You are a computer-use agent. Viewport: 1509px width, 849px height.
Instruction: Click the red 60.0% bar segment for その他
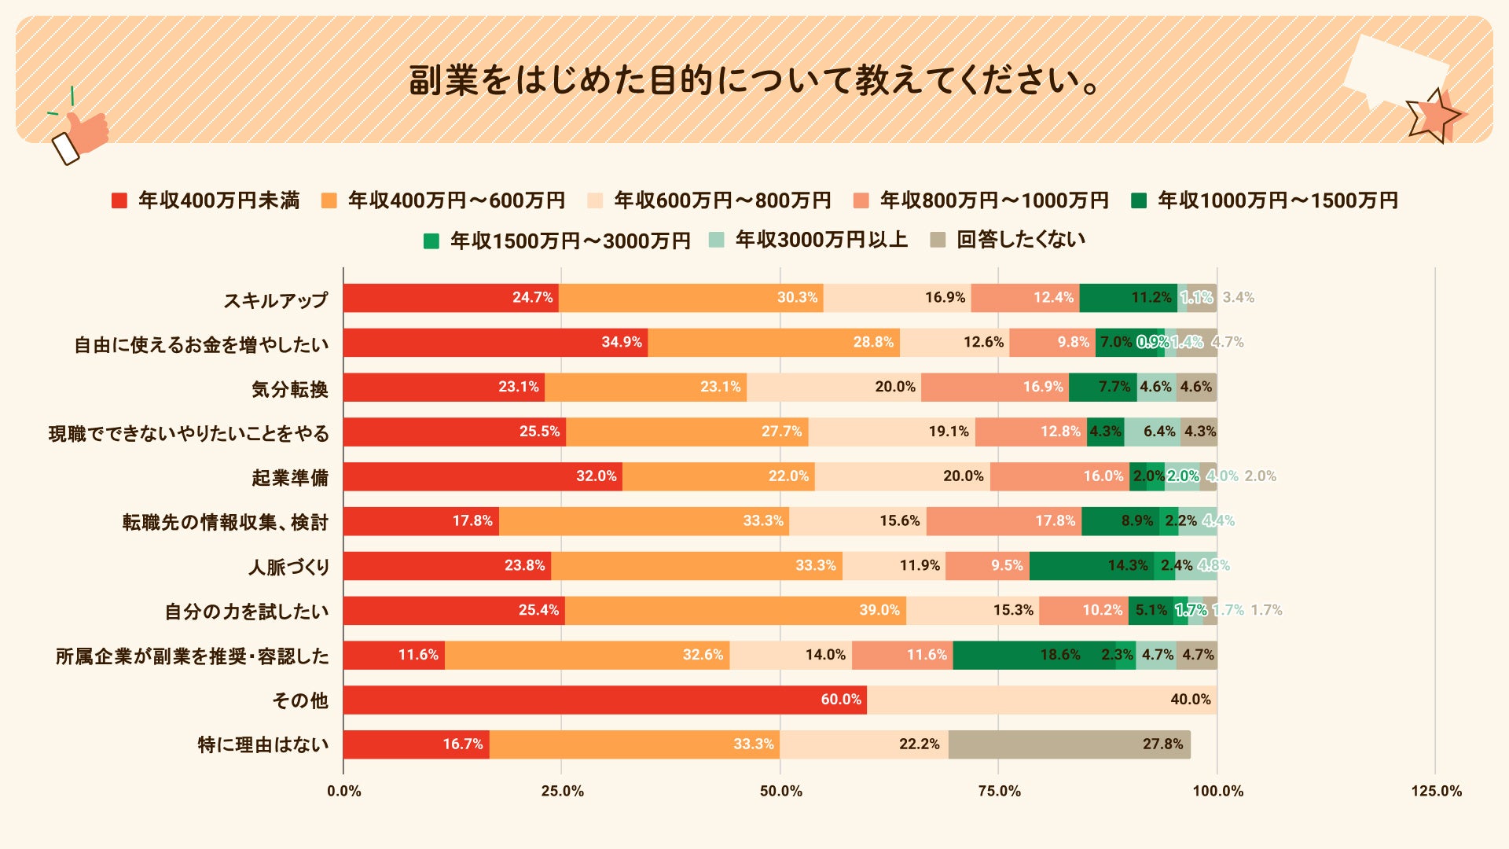click(x=604, y=700)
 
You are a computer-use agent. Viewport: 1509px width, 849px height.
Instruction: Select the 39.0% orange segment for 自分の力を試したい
click(x=735, y=611)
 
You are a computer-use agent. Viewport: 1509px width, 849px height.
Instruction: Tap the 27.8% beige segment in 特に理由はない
click(x=1069, y=744)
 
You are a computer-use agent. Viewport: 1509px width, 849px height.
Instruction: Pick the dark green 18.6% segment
click(x=1034, y=656)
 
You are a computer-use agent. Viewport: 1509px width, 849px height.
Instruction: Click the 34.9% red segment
click(x=495, y=343)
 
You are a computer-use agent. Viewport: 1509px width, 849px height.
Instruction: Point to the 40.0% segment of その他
click(x=1041, y=700)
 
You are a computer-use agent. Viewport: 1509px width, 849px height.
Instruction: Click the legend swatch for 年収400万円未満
click(x=119, y=201)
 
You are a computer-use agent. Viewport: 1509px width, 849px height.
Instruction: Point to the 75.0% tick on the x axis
click(x=999, y=791)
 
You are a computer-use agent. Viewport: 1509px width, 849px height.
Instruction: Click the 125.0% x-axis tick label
click(x=1436, y=791)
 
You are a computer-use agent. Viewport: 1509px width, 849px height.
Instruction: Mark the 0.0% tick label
click(x=344, y=791)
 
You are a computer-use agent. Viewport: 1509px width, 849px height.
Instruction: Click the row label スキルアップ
click(x=275, y=300)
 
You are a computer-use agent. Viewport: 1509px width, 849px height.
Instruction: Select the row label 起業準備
click(x=289, y=478)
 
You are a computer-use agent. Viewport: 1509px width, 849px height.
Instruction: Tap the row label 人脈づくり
click(x=288, y=567)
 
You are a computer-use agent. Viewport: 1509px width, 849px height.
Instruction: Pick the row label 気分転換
click(x=289, y=389)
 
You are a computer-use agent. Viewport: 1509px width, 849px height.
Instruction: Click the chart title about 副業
click(x=754, y=80)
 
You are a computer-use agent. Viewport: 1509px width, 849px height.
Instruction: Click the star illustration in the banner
click(x=1435, y=116)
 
